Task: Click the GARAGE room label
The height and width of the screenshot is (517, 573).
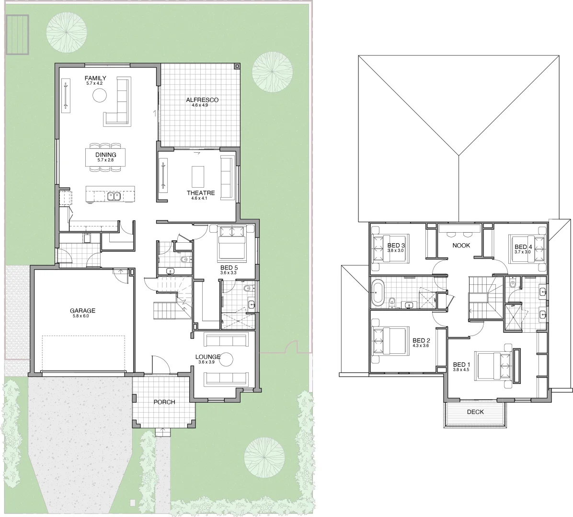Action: [x=82, y=311]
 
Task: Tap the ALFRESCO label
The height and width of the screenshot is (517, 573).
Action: [x=202, y=100]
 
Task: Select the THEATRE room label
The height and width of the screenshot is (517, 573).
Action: [x=201, y=193]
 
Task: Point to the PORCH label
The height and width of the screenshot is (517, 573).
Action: [x=164, y=402]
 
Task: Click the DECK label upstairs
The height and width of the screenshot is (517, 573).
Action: [x=475, y=412]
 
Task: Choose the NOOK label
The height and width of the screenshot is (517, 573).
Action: [x=461, y=246]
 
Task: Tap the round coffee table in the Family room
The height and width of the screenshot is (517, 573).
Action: [x=99, y=96]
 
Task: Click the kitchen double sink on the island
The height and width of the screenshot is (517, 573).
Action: [x=115, y=196]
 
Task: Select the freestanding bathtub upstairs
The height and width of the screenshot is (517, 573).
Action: [x=377, y=292]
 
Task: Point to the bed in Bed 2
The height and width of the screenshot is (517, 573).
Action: [x=389, y=341]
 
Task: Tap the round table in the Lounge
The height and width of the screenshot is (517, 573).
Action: [x=226, y=360]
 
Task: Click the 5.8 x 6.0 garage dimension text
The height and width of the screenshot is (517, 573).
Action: [x=81, y=316]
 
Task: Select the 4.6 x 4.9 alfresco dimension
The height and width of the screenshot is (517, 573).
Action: [x=200, y=105]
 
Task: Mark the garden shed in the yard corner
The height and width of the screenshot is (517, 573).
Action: [x=17, y=34]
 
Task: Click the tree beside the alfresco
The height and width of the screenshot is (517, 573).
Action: [x=273, y=72]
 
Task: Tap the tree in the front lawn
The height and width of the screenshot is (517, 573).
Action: [x=264, y=458]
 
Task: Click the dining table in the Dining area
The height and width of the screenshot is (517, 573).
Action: [x=105, y=157]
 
